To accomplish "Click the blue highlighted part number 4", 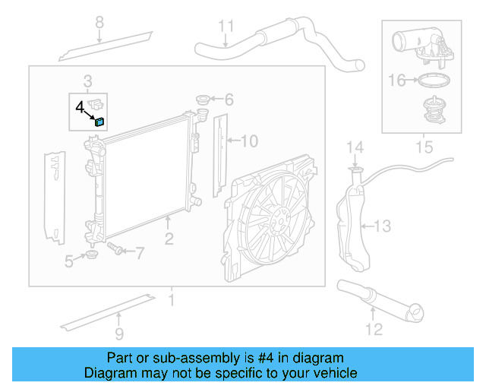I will pyautogui.click(x=99, y=120).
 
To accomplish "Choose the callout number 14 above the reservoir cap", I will pyautogui.click(x=355, y=146).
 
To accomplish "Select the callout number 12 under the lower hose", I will pyautogui.click(x=374, y=329).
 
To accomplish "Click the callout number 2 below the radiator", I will pyautogui.click(x=169, y=239).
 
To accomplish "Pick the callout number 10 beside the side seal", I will pyautogui.click(x=250, y=141).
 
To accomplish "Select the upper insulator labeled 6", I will pyautogui.click(x=203, y=100).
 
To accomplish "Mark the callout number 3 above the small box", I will pyautogui.click(x=88, y=81).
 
